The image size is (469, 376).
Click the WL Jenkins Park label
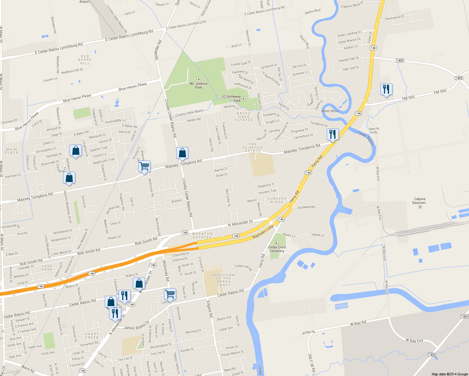tap(198, 86)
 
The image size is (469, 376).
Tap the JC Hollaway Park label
tap(231, 98)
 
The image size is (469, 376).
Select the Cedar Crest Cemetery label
tap(277, 249)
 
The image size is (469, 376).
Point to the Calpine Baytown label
tap(419, 201)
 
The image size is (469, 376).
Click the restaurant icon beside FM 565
tap(386, 90)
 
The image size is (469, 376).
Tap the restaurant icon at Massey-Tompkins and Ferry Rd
tap(332, 134)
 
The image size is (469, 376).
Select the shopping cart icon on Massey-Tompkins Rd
tap(144, 166)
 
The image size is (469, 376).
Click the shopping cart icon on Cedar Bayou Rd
tap(170, 294)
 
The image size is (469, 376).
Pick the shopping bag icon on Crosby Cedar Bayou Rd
tap(182, 153)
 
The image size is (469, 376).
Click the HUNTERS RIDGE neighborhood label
tap(277, 200)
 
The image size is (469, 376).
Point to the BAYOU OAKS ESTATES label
tap(244, 117)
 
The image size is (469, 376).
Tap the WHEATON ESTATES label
tap(202, 235)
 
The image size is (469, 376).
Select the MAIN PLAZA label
tap(12, 151)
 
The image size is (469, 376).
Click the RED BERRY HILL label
tap(85, 60)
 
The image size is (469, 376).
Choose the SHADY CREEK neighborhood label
tap(92, 336)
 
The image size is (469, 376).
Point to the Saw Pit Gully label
tap(374, 130)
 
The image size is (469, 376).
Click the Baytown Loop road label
tap(263, 232)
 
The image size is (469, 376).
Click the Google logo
tap(12, 371)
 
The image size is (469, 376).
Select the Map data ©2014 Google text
tap(450, 374)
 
